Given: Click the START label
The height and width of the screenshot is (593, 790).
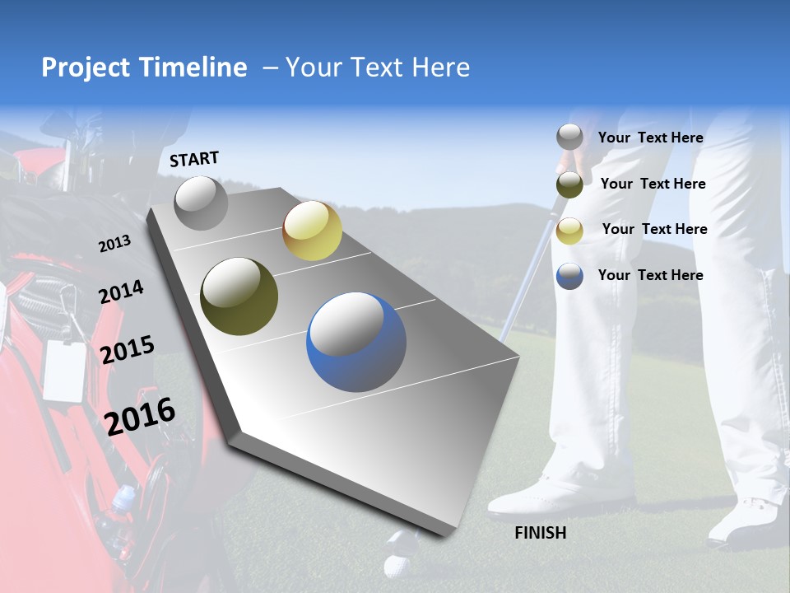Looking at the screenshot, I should pyautogui.click(x=194, y=159).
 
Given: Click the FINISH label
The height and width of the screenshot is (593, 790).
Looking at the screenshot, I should pyautogui.click(x=540, y=533).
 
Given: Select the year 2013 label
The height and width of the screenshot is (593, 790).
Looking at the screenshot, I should pyautogui.click(x=115, y=244).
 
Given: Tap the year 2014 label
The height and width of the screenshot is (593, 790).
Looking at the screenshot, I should pyautogui.click(x=121, y=292).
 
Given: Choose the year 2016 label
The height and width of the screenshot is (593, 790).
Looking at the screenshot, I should pyautogui.click(x=140, y=416).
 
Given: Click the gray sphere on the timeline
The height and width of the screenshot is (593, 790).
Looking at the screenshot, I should pyautogui.click(x=201, y=203).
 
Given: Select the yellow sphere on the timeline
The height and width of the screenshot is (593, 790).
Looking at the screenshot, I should pyautogui.click(x=312, y=231).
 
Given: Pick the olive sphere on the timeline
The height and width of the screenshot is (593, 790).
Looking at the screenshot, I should pyautogui.click(x=239, y=296).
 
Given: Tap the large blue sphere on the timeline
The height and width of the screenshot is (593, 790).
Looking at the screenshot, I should pyautogui.click(x=356, y=342).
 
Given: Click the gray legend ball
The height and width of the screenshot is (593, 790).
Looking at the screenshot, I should pyautogui.click(x=569, y=137).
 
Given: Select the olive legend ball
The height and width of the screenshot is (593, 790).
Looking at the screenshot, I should pyautogui.click(x=569, y=184).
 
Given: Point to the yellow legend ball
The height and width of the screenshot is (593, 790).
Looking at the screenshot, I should pyautogui.click(x=569, y=231).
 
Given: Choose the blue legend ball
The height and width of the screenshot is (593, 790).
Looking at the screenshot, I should pyautogui.click(x=569, y=276).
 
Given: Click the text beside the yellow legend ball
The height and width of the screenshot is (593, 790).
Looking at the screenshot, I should pyautogui.click(x=654, y=229).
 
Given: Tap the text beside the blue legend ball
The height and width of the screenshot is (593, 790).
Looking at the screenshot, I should pyautogui.click(x=650, y=275).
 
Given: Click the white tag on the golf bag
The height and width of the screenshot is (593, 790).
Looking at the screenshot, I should pyautogui.click(x=64, y=369).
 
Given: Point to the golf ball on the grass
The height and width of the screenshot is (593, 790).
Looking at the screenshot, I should pyautogui.click(x=397, y=565).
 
